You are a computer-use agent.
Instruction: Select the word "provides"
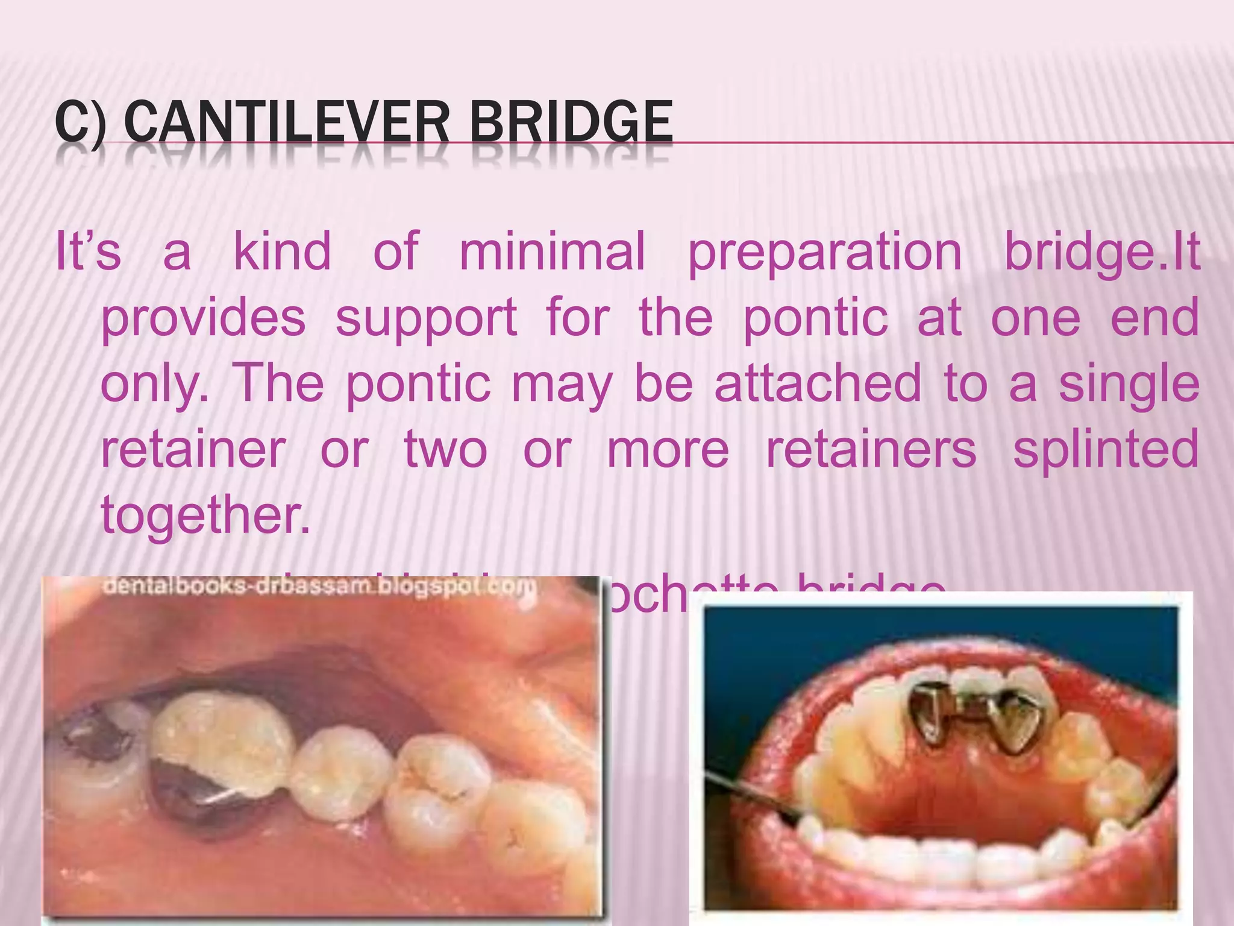(x=203, y=318)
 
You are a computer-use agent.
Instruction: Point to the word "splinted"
(x=1106, y=450)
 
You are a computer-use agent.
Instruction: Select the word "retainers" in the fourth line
(x=871, y=450)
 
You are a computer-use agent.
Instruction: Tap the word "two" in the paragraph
(x=445, y=450)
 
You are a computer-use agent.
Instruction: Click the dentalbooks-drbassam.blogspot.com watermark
(x=319, y=587)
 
